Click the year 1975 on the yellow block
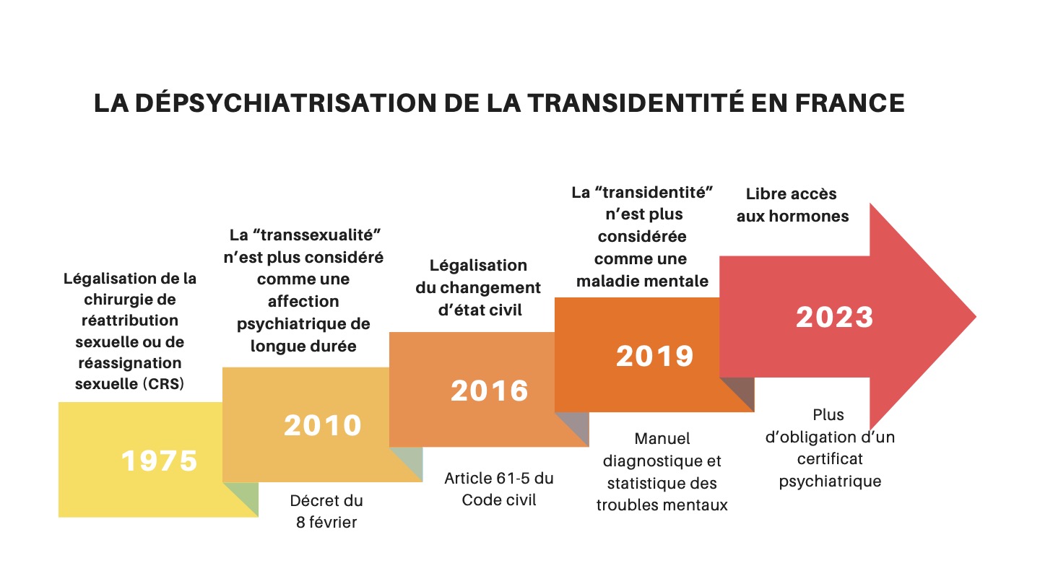pyautogui.click(x=159, y=461)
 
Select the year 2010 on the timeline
pyautogui.click(x=322, y=425)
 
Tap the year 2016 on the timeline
pyautogui.click(x=490, y=391)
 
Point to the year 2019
pyautogui.click(x=654, y=356)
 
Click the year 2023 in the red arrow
pyautogui.click(x=834, y=318)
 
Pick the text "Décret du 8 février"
pyautogui.click(x=326, y=511)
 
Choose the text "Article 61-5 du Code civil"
pyautogui.click(x=499, y=489)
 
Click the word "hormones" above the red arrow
pyautogui.click(x=814, y=216)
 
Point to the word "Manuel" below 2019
pyautogui.click(x=662, y=438)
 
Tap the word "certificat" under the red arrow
pyautogui.click(x=830, y=458)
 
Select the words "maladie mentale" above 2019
pyautogui.click(x=642, y=281)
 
